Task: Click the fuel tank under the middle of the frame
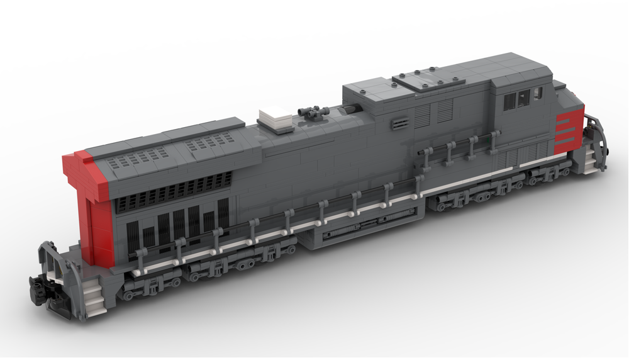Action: [359, 227]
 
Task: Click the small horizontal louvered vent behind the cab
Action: [399, 121]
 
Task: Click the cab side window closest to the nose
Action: [538, 94]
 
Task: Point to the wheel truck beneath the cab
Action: [497, 189]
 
